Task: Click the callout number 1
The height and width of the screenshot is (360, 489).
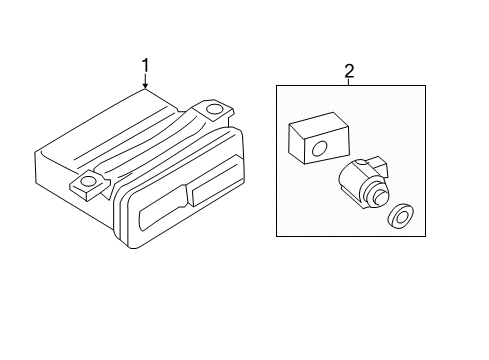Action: [x=145, y=65]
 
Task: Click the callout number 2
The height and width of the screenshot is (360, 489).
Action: [x=349, y=71]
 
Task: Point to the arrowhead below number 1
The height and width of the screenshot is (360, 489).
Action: [x=145, y=86]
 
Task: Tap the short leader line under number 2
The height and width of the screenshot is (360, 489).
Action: [x=349, y=82]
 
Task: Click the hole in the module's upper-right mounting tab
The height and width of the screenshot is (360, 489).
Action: [x=212, y=109]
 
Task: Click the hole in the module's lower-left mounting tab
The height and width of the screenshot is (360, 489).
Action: [x=88, y=181]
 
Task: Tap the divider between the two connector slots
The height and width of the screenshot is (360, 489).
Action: [x=189, y=196]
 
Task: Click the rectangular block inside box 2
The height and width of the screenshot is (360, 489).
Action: [x=319, y=138]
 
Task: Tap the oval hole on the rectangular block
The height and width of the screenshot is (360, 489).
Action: [x=320, y=148]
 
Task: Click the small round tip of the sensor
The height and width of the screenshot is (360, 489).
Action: [x=381, y=197]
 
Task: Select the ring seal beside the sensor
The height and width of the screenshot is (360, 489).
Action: [x=400, y=216]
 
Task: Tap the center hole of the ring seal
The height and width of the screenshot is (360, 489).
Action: [x=400, y=217]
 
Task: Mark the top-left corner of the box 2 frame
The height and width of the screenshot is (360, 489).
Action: [x=276, y=86]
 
